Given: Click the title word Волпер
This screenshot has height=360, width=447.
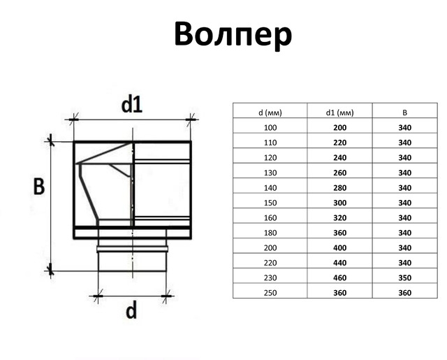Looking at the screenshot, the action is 233,35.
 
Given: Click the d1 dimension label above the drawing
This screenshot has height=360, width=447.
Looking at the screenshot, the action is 132,104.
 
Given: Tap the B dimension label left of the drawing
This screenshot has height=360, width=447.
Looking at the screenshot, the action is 39,187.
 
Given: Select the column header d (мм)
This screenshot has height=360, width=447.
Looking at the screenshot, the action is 270,113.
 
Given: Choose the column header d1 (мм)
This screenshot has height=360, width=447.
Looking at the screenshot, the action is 340,113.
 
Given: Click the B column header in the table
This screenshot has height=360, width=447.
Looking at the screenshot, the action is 405,113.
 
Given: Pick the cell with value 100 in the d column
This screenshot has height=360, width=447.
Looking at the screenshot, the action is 270,127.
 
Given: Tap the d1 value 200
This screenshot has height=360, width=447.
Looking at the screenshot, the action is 340,127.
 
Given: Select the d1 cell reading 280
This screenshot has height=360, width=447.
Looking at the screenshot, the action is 340,188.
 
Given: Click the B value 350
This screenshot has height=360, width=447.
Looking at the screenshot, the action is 405,278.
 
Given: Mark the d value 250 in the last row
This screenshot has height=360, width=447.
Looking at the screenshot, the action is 270,293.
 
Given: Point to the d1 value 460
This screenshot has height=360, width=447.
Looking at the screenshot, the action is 340,278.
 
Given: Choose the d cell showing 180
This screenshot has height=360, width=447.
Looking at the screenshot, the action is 270,233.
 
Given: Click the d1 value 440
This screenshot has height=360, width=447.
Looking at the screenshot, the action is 340,263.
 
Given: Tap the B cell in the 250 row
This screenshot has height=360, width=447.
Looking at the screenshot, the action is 405,293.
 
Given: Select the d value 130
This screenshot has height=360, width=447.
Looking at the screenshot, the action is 270,173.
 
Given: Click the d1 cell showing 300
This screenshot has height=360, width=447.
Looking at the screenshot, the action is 340,203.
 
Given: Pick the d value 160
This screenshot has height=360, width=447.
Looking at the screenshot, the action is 270,217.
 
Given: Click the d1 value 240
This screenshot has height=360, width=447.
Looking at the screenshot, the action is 340,158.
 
